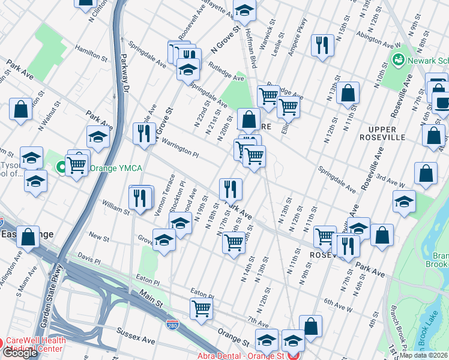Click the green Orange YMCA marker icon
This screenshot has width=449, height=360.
tap(61, 167)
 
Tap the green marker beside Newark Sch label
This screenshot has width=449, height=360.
tap(397, 60)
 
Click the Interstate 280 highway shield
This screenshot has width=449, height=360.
tap(172, 325)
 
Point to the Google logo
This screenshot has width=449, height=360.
tap(20, 353)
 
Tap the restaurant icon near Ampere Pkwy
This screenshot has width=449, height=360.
tap(322, 45)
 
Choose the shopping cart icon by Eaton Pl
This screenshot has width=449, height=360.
tap(202, 309)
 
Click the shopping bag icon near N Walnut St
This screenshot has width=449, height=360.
tap(20, 109)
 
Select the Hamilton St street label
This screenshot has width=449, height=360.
tap(88, 53)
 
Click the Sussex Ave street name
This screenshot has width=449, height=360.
tap(139, 339)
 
